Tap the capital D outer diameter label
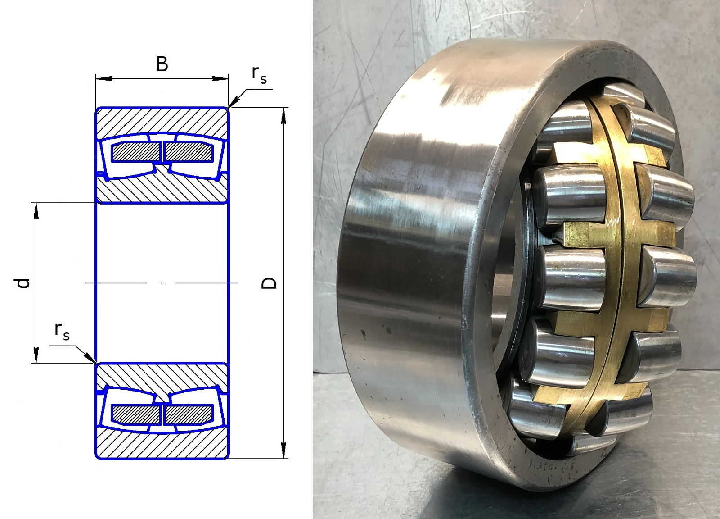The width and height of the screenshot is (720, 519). [x=269, y=283]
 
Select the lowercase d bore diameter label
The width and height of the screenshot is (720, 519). [x=22, y=283]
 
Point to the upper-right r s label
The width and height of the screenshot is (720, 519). [x=259, y=75]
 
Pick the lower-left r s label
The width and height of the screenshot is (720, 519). [x=62, y=331]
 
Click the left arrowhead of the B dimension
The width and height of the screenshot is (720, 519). [x=104, y=78]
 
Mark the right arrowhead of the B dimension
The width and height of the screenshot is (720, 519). [x=220, y=78]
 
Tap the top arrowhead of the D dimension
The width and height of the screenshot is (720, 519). [x=283, y=115]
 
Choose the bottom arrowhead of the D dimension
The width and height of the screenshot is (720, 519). [x=283, y=450]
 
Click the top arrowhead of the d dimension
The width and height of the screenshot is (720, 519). [x=36, y=211]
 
